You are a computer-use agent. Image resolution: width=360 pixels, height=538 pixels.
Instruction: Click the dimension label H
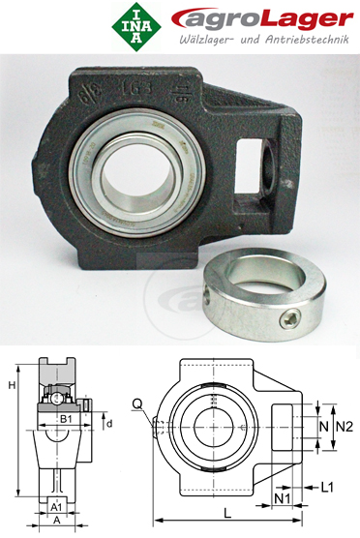tap(11, 386)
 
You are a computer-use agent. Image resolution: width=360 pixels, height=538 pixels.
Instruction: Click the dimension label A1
tap(56, 506)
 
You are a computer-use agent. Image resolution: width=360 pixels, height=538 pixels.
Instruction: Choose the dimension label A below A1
tap(56, 520)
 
